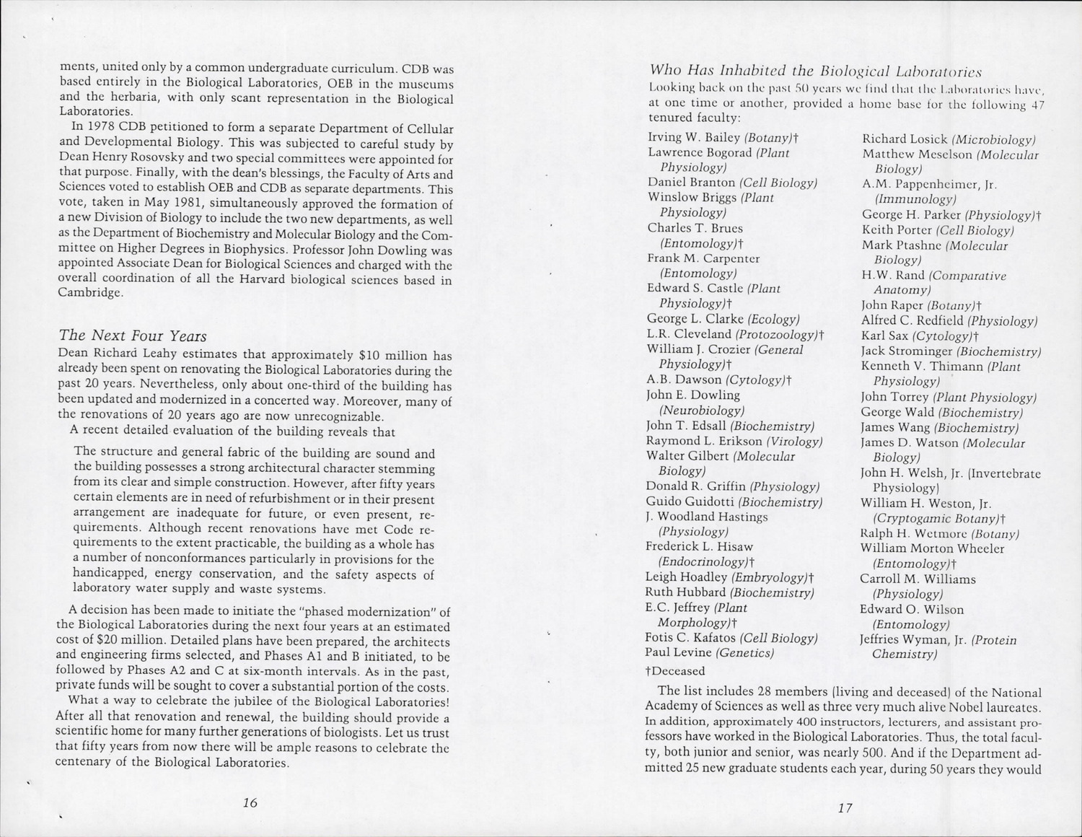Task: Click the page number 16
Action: (x=250, y=803)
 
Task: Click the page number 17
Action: (x=845, y=808)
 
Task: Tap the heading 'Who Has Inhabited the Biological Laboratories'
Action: (x=815, y=71)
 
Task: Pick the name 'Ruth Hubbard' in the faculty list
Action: (x=685, y=592)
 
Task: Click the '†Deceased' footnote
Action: (x=675, y=671)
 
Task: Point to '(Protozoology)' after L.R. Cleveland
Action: (x=776, y=334)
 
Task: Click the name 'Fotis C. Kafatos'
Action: (x=690, y=638)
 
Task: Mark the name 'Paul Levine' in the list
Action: (x=677, y=653)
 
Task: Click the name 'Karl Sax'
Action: (x=884, y=336)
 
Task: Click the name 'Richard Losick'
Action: (x=905, y=139)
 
